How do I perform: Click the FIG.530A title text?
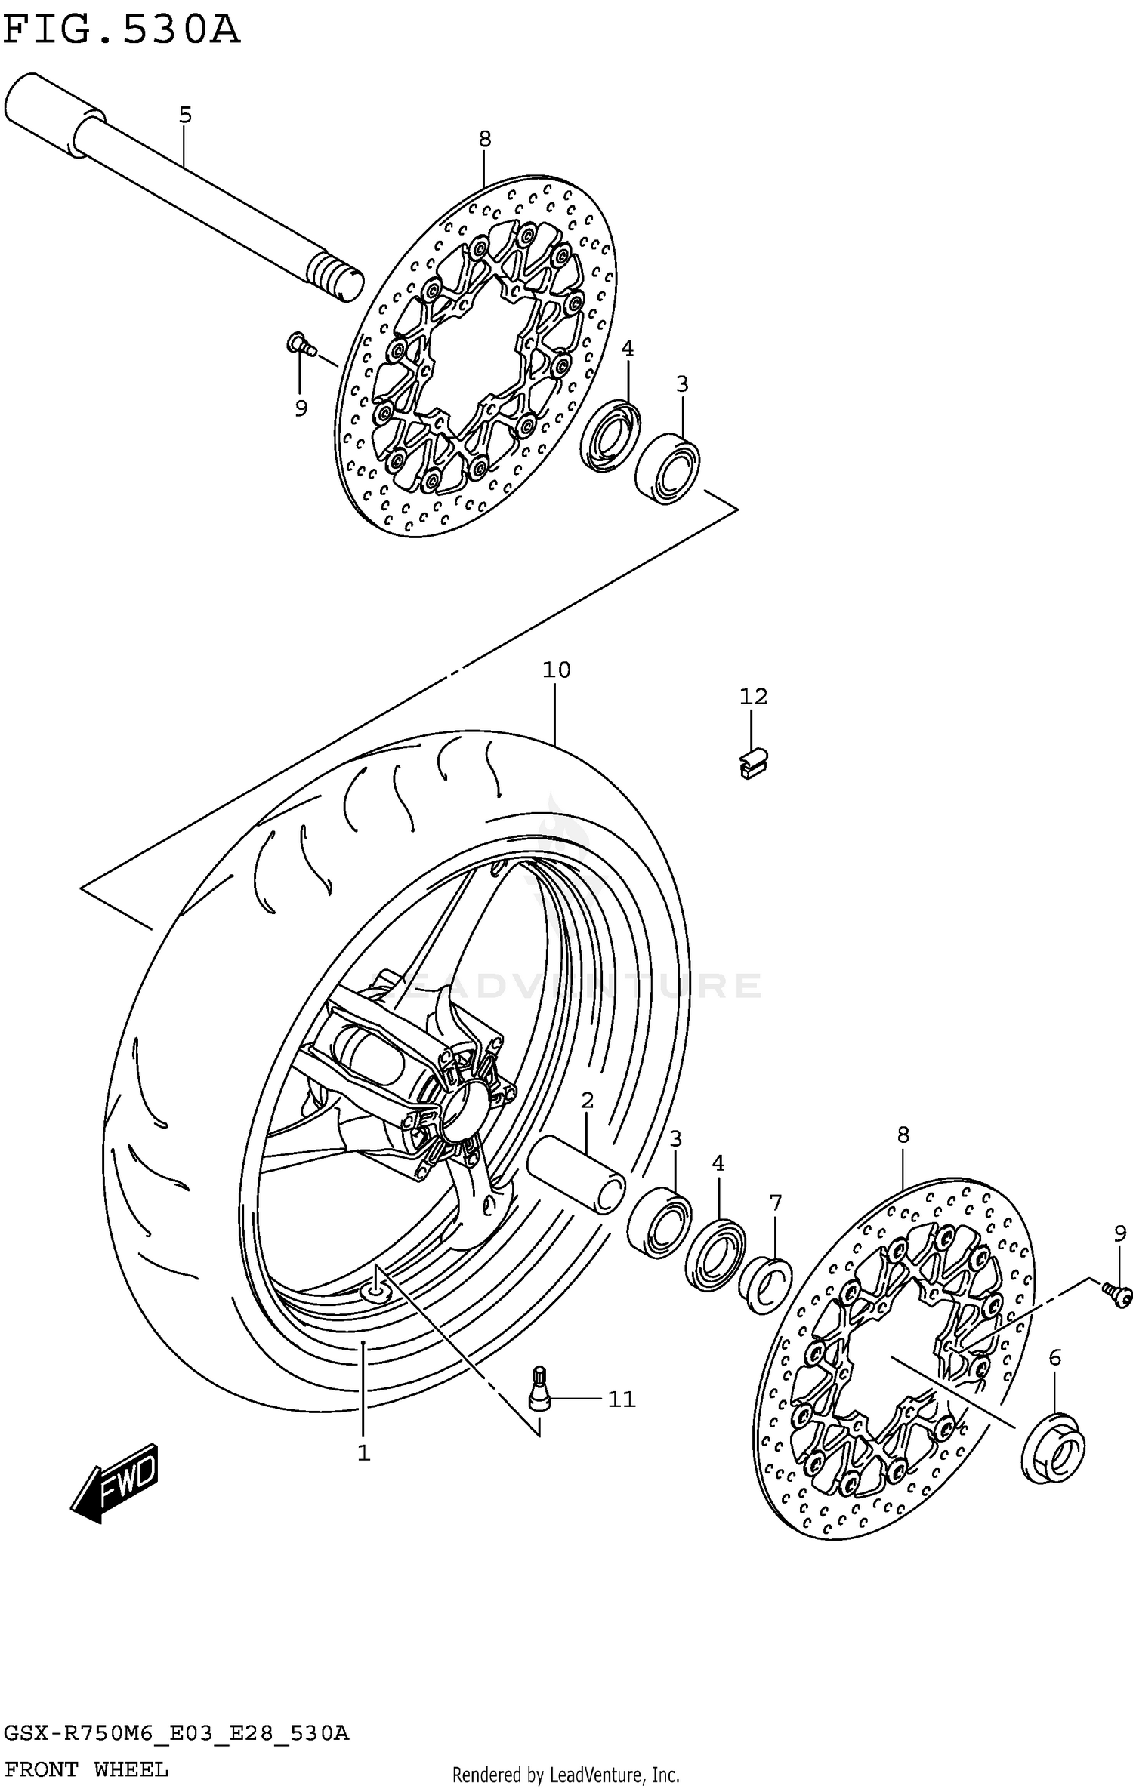(121, 32)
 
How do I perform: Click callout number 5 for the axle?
(185, 115)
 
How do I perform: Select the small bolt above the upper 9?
(299, 345)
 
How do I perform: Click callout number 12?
(753, 696)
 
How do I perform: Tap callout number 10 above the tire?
(556, 670)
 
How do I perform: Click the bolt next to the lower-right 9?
(1118, 1295)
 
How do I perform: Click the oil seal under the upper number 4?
(610, 438)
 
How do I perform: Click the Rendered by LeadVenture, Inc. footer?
(566, 1769)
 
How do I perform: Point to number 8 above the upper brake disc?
(485, 139)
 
